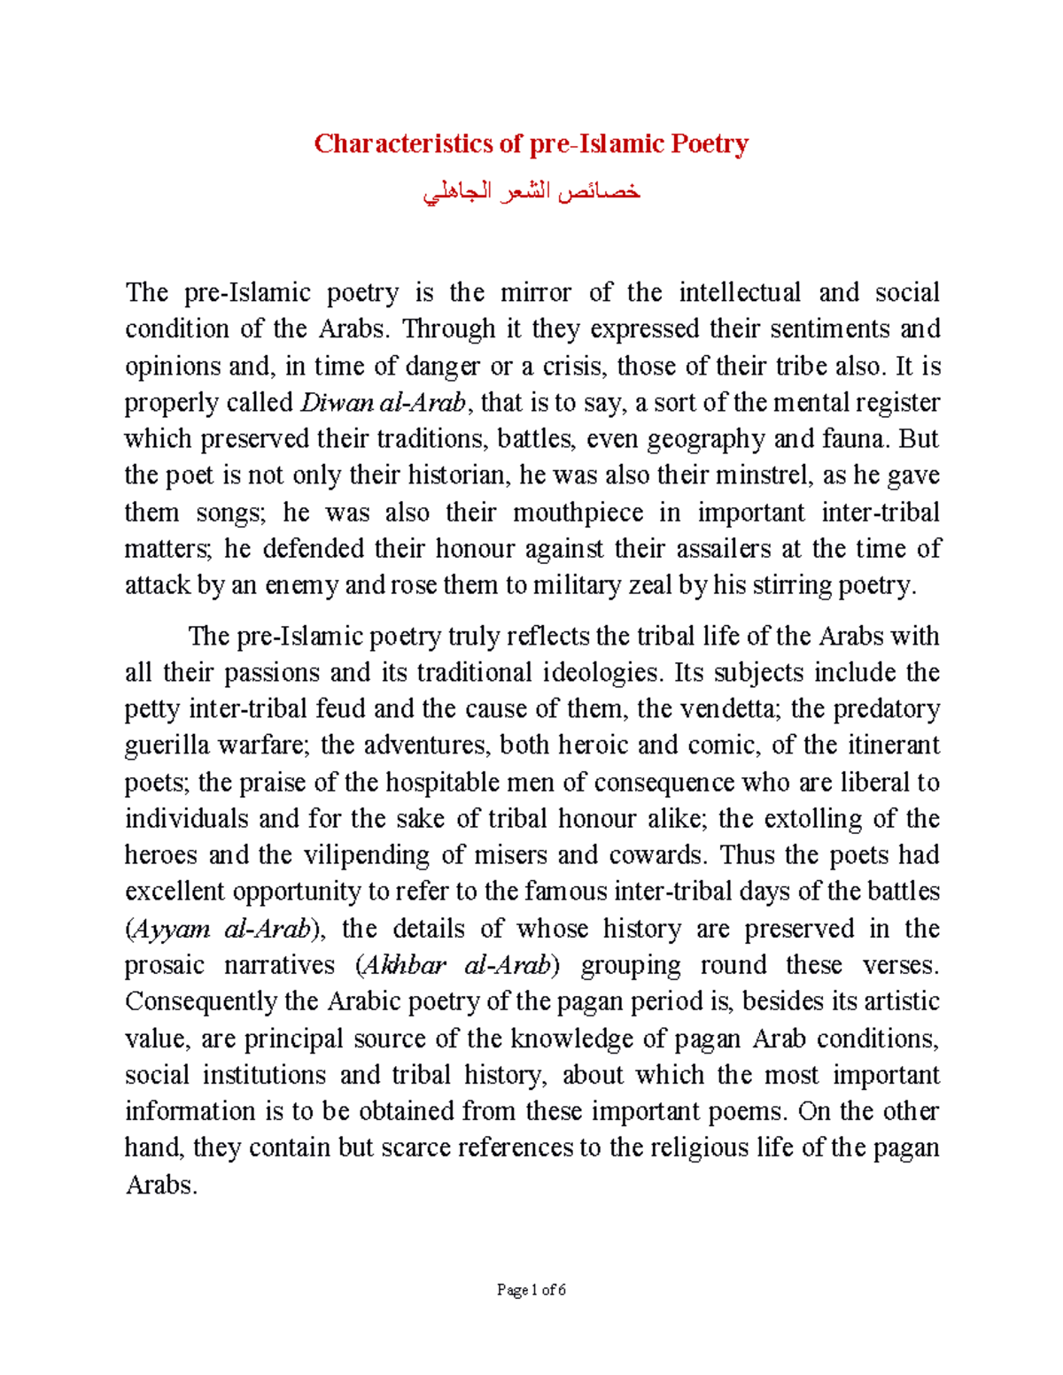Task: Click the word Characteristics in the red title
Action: click(404, 143)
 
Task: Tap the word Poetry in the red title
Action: click(709, 143)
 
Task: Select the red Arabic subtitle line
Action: click(531, 192)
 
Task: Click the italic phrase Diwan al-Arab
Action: click(383, 403)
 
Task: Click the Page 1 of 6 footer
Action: click(531, 1290)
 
